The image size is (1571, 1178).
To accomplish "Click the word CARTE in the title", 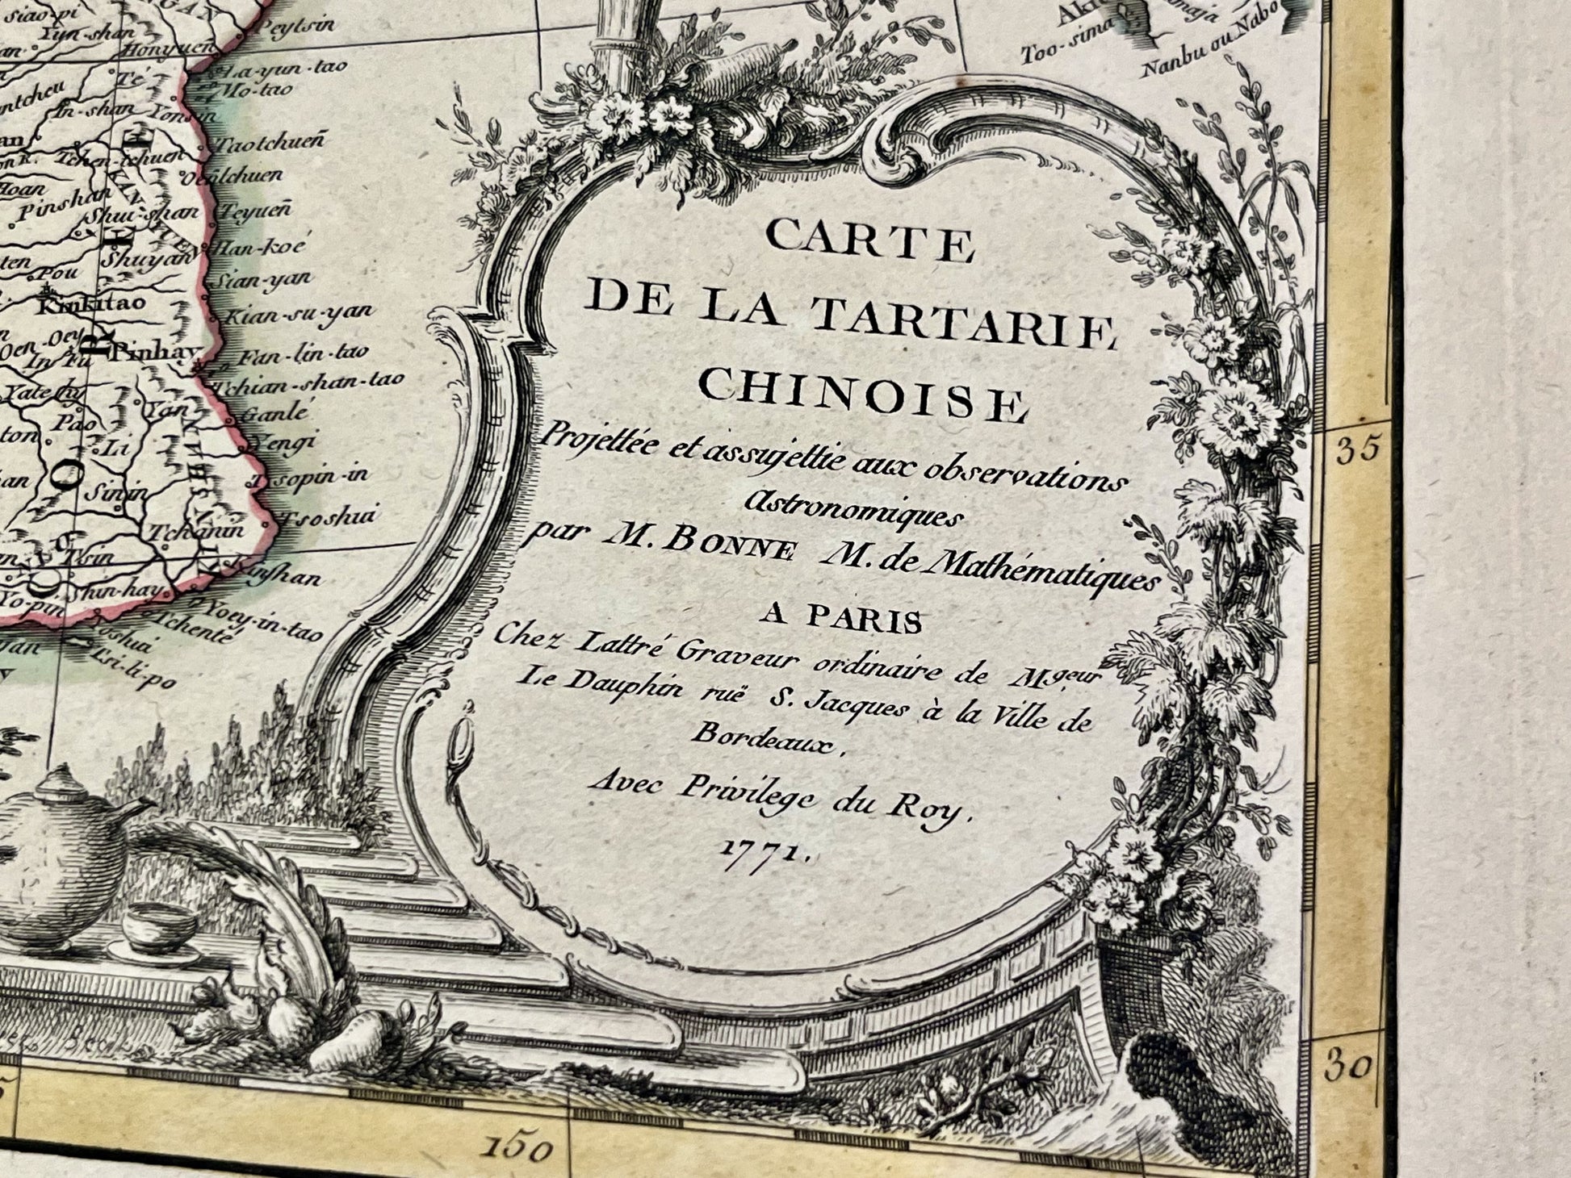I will (x=870, y=241).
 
